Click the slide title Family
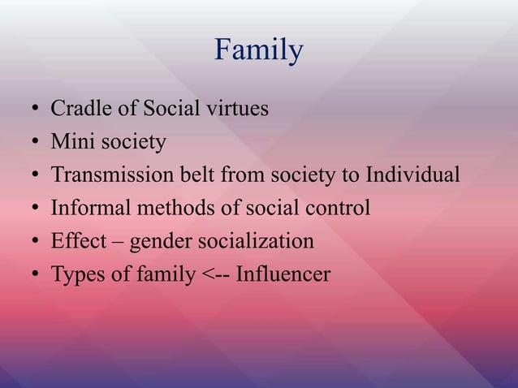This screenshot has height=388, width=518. point(259,51)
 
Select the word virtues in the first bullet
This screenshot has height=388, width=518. point(237,108)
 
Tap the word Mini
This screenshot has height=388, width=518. point(70,142)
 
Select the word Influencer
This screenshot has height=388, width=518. point(283,275)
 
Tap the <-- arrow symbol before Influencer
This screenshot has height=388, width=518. point(213,276)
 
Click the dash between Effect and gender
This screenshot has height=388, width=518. point(114,243)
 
